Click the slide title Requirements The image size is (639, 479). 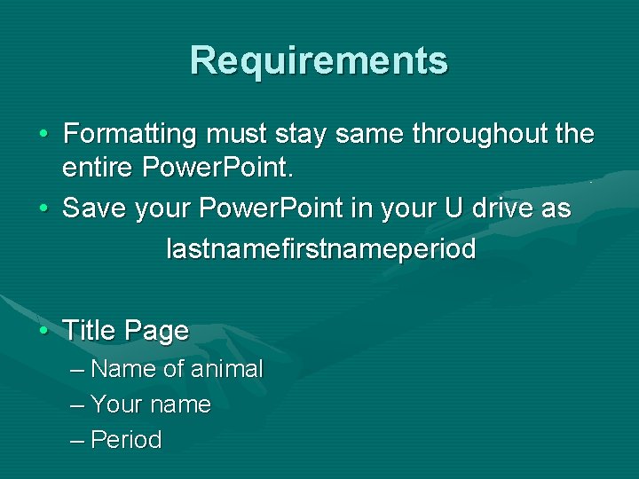(x=319, y=60)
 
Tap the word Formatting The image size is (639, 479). (x=130, y=134)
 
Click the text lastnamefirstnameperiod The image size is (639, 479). (x=321, y=249)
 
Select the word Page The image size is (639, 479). (x=157, y=332)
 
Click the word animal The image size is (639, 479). (x=226, y=369)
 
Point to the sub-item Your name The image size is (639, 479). (x=150, y=404)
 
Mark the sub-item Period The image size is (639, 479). (x=126, y=440)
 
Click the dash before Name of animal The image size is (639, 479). (x=76, y=369)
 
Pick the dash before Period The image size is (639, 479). (x=76, y=440)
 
